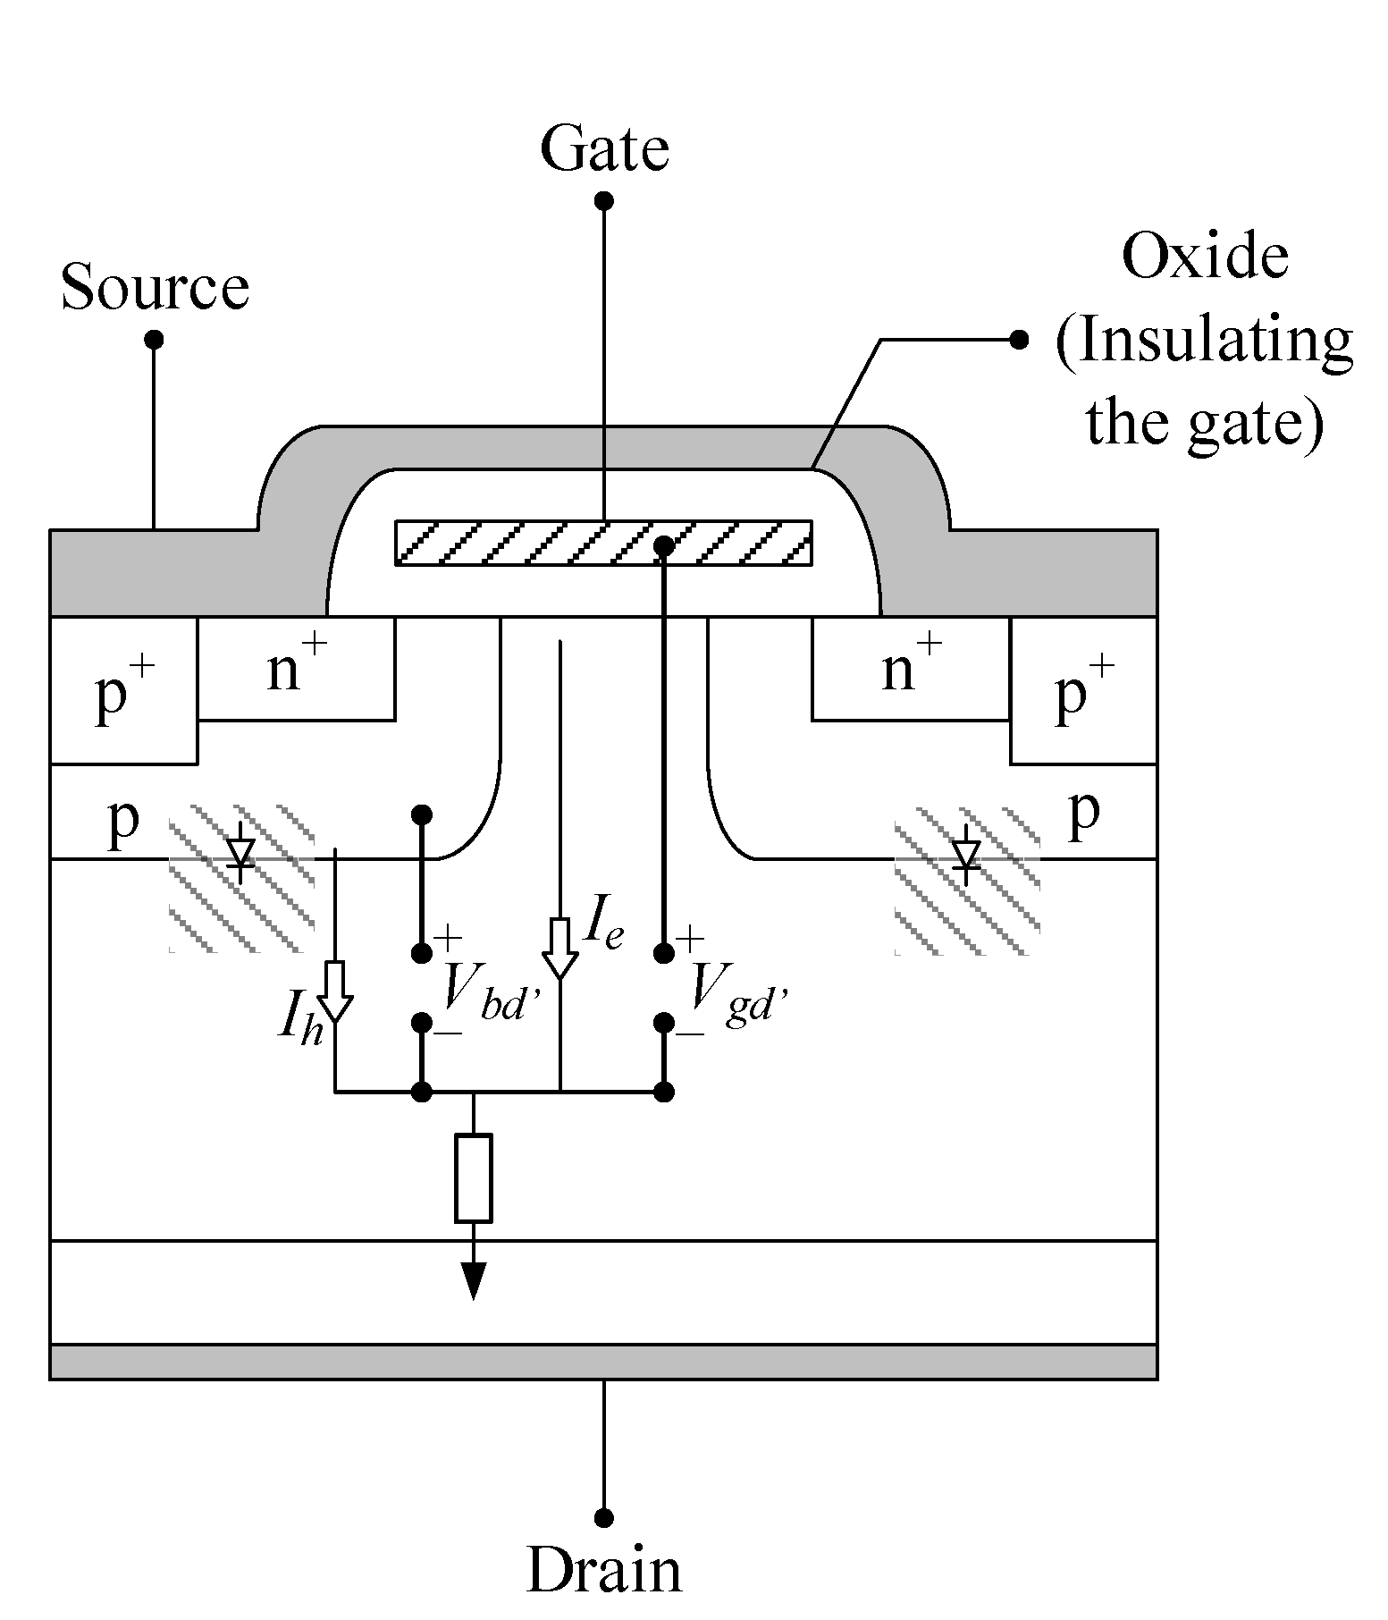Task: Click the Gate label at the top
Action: [x=604, y=149]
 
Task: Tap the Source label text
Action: [x=155, y=288]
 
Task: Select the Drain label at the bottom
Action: [x=604, y=1569]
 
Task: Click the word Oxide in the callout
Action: [x=1204, y=257]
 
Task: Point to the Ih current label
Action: [x=299, y=1020]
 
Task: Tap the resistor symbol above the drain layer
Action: [x=473, y=1177]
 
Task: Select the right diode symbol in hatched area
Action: [x=965, y=855]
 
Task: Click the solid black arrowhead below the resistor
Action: [x=473, y=1281]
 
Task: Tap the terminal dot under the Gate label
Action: [x=604, y=201]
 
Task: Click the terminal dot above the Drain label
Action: [x=604, y=1517]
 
